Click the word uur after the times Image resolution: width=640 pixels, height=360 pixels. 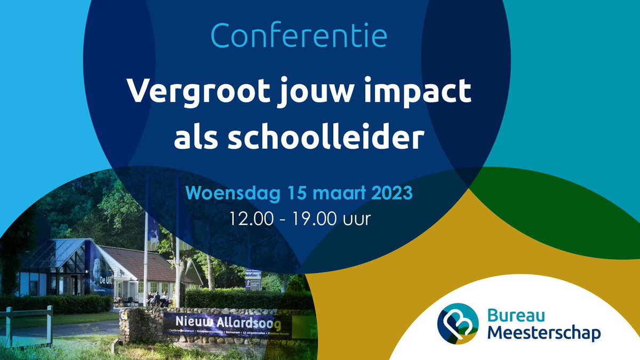coord(357,219)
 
